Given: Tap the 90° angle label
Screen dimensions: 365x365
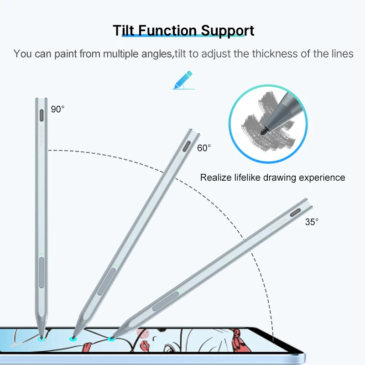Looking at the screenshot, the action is pyautogui.click(x=58, y=109).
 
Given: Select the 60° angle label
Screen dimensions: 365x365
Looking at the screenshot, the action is pyautogui.click(x=204, y=148).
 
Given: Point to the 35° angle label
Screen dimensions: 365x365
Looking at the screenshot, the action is pyautogui.click(x=312, y=222).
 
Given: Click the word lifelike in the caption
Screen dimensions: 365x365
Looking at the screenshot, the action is pyautogui.click(x=254, y=177).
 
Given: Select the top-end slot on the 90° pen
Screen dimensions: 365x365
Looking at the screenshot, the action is pyautogui.click(x=42, y=114).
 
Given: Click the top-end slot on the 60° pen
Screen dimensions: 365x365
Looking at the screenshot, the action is pyautogui.click(x=188, y=147).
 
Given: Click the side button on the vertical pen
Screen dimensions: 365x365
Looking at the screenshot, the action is pyautogui.click(x=42, y=272).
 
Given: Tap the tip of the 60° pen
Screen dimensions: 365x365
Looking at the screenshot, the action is pyautogui.click(x=72, y=338).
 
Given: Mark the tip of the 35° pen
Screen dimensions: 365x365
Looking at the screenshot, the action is pyautogui.click(x=110, y=338).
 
